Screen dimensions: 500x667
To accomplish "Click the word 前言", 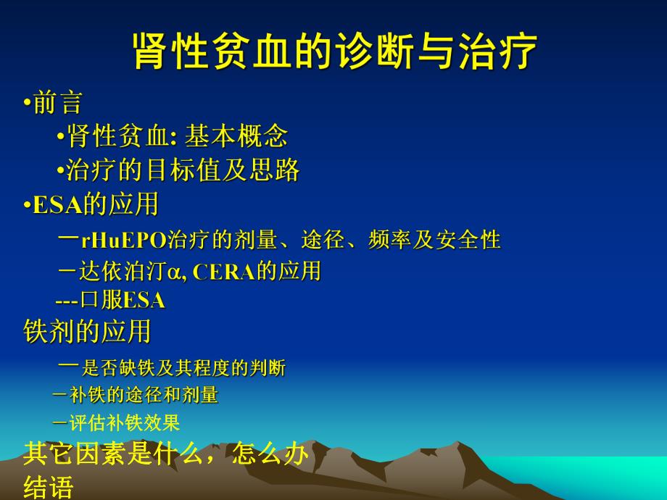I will click(57, 102).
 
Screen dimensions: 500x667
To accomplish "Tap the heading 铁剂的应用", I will click(88, 331).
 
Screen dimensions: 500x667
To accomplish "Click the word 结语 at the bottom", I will click(49, 486).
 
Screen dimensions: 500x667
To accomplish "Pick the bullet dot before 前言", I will click(28, 103).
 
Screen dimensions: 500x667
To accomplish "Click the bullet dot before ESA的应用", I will click(28, 205).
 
